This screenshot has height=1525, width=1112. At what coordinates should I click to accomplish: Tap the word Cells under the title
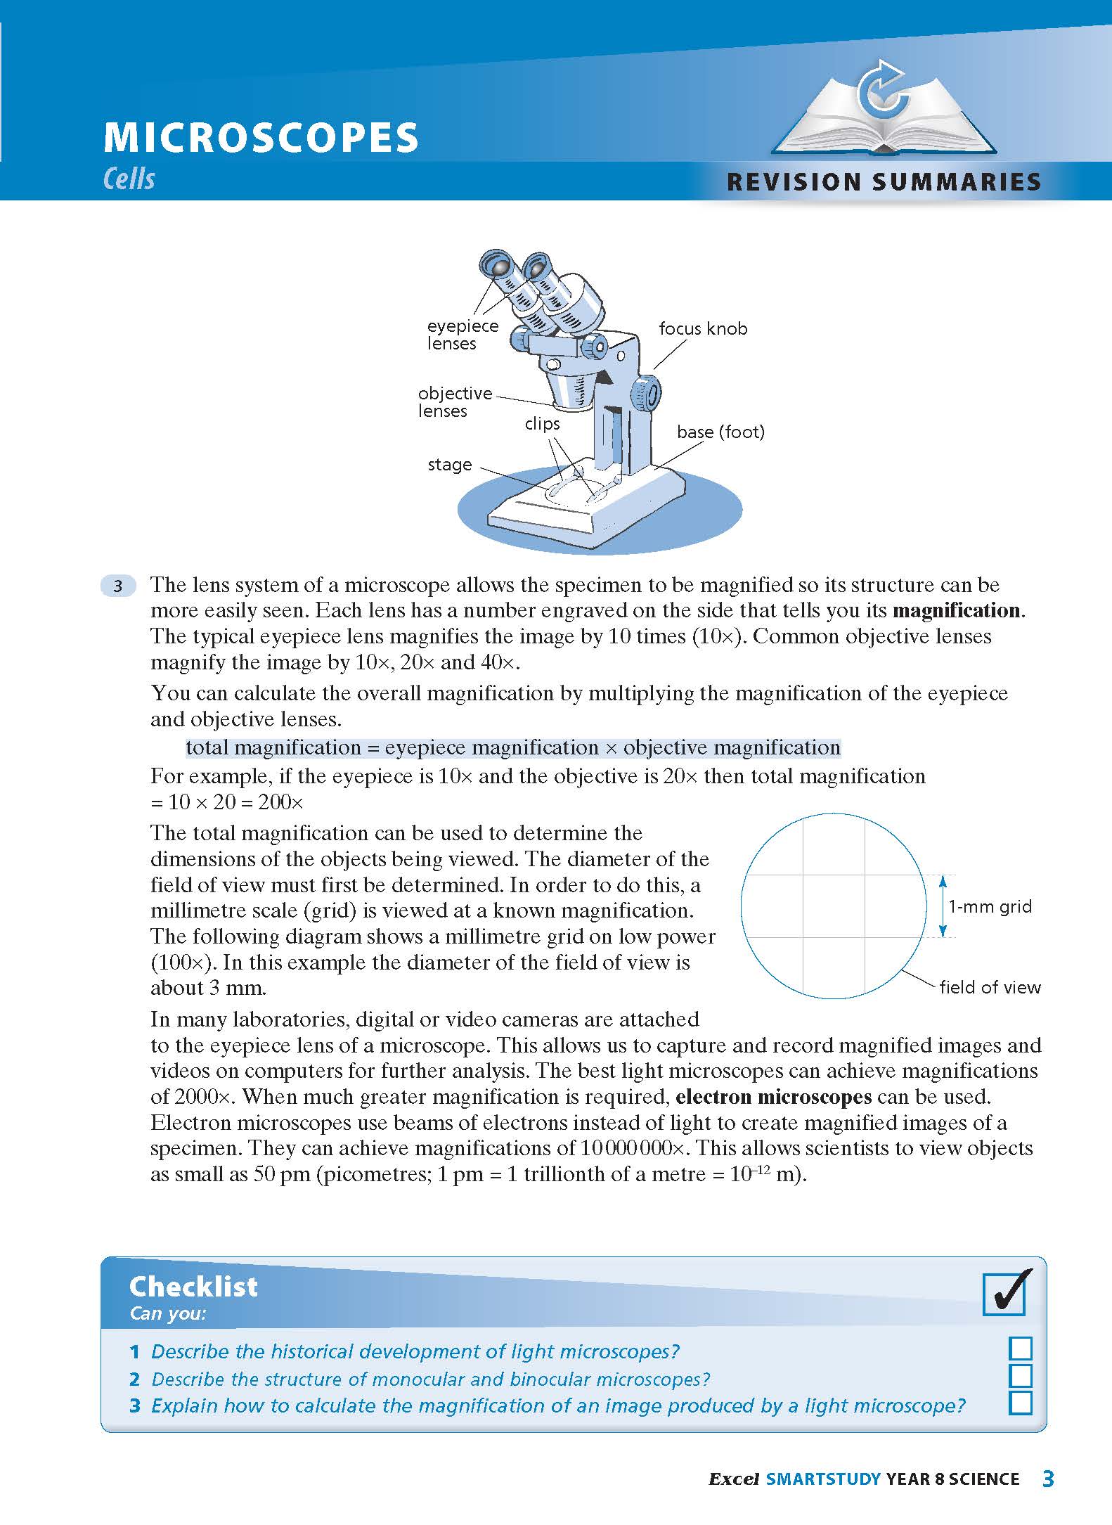pyautogui.click(x=129, y=179)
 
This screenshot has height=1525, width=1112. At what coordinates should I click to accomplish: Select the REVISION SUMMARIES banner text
pyautogui.click(x=884, y=182)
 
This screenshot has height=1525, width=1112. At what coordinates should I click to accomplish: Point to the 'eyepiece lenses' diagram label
pyautogui.click(x=462, y=335)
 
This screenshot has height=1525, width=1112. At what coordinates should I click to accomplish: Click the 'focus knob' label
pyautogui.click(x=703, y=328)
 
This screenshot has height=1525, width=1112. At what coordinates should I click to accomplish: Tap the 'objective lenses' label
pyautogui.click(x=454, y=402)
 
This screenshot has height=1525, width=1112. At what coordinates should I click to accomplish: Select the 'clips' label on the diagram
pyautogui.click(x=542, y=424)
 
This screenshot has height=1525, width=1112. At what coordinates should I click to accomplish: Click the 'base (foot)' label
pyautogui.click(x=720, y=432)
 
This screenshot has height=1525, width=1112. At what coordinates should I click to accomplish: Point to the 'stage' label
pyautogui.click(x=449, y=465)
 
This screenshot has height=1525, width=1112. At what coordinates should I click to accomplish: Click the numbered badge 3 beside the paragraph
pyautogui.click(x=118, y=586)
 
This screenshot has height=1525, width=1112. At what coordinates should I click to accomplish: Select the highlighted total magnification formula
pyautogui.click(x=513, y=747)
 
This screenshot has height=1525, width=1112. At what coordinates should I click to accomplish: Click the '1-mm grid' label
pyautogui.click(x=990, y=907)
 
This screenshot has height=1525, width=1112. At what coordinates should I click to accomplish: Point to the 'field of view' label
pyautogui.click(x=990, y=987)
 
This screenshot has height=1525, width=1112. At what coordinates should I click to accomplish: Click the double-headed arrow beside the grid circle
pyautogui.click(x=943, y=906)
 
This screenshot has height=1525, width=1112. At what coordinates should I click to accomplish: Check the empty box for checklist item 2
pyautogui.click(x=1020, y=1376)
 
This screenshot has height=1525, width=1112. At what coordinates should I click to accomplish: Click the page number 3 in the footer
pyautogui.click(x=1047, y=1479)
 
